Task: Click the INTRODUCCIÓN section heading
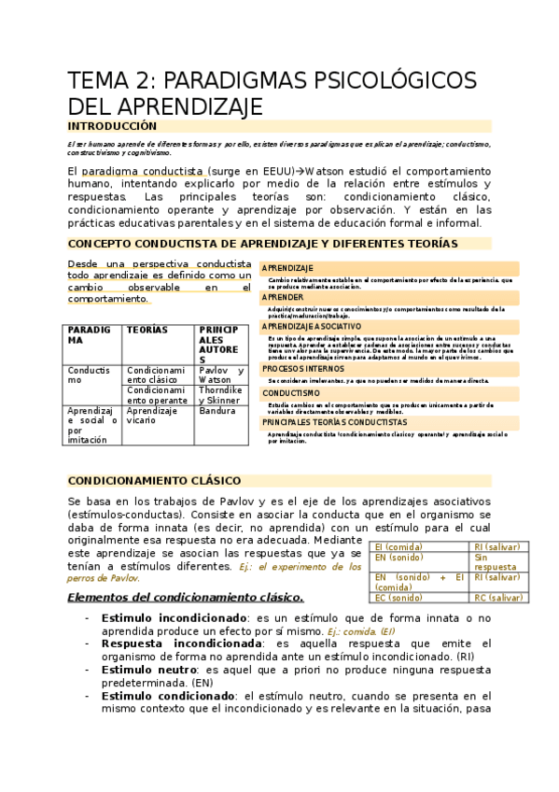[x=112, y=126]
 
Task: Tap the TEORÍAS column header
[x=147, y=331]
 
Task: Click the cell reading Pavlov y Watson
[x=221, y=375]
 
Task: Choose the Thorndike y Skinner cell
[x=221, y=394]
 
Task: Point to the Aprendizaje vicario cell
[x=152, y=416]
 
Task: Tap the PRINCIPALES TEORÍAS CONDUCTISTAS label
[x=334, y=423]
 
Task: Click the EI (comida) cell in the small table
[x=398, y=548]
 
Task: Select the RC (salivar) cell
[x=498, y=598]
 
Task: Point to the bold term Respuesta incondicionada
[x=181, y=643]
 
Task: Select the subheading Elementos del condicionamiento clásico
[x=186, y=597]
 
